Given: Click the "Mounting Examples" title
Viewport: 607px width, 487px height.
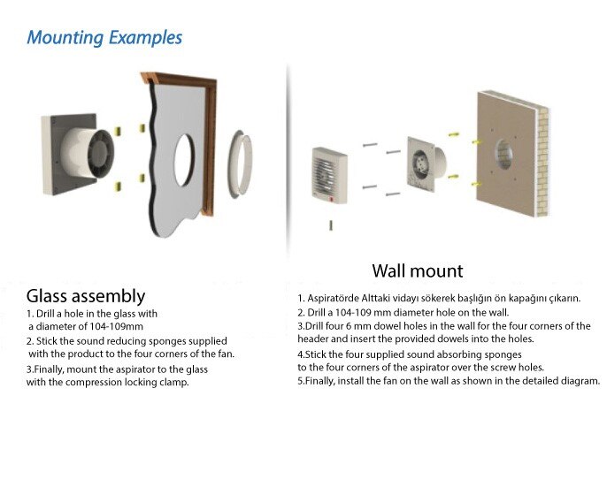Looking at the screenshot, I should pyautogui.click(x=104, y=38).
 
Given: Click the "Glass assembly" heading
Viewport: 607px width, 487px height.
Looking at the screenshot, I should pyautogui.click(x=86, y=295).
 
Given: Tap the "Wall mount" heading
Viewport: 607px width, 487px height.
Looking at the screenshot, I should pyautogui.click(x=418, y=270).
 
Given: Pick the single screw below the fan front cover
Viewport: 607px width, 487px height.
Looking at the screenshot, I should pyautogui.click(x=330, y=226).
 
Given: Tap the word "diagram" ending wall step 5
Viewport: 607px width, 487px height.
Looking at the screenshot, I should pyautogui.click(x=578, y=381).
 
